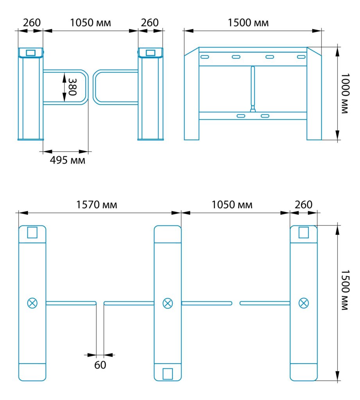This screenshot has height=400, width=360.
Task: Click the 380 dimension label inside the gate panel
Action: pyautogui.click(x=73, y=87)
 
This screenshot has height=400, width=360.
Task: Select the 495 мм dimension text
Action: pyautogui.click(x=67, y=160)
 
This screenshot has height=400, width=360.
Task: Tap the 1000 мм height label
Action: pyautogui.click(x=345, y=93)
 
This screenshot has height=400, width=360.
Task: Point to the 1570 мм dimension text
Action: pyautogui.click(x=97, y=205)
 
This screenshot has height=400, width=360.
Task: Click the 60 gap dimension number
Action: pyautogui.click(x=100, y=365)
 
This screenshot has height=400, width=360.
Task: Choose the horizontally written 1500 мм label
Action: pyautogui.click(x=248, y=23)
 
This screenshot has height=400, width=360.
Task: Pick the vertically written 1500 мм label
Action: pyautogui.click(x=345, y=290)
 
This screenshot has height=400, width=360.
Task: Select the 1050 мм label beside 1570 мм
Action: pyautogui.click(x=232, y=205)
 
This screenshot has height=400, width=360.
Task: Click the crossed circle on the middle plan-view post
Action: pyautogui.click(x=167, y=303)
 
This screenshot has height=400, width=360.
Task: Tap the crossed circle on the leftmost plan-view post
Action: pyautogui.click(x=32, y=303)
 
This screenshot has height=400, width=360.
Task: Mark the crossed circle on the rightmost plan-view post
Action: pyautogui.click(x=304, y=303)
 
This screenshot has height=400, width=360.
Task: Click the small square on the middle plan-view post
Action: pyautogui.click(x=168, y=374)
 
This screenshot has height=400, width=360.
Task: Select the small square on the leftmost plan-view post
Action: pyautogui.click(x=32, y=232)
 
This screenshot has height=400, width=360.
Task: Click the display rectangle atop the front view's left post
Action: pyautogui.click(x=30, y=53)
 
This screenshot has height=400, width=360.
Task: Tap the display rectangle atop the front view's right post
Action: pyautogui.click(x=150, y=53)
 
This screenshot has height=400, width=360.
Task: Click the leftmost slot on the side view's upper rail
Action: pyautogui.click(x=205, y=57)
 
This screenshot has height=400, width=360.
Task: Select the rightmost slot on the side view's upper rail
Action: pyautogui.click(x=301, y=57)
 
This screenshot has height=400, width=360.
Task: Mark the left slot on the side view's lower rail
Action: pyautogui.click(x=241, y=116)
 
